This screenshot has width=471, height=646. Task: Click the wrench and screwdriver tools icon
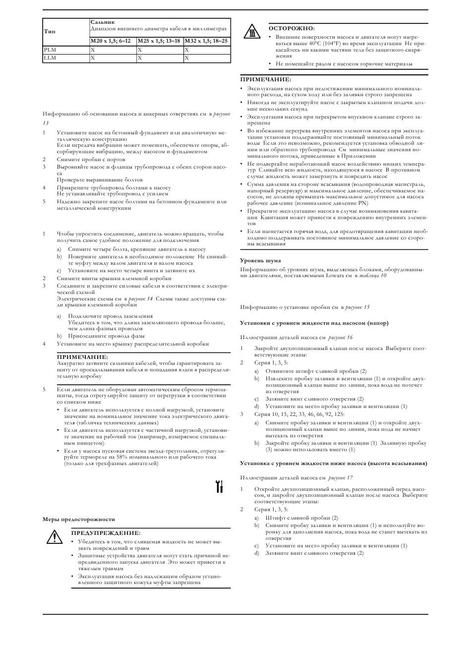(x=219, y=486)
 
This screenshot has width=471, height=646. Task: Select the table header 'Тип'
(x=50, y=31)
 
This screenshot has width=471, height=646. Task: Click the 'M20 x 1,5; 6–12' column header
(x=113, y=41)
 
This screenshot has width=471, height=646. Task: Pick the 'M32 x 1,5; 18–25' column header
(x=206, y=41)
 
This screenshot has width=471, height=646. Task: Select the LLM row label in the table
(x=50, y=58)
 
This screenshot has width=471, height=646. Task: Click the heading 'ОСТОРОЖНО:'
(x=292, y=28)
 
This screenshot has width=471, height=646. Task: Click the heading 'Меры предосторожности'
(x=78, y=519)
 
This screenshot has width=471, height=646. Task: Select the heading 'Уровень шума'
(x=260, y=260)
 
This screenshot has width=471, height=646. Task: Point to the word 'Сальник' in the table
(x=103, y=22)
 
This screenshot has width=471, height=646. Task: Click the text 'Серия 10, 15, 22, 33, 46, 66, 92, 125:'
(x=299, y=414)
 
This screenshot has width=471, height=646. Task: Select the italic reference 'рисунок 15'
(x=357, y=307)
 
